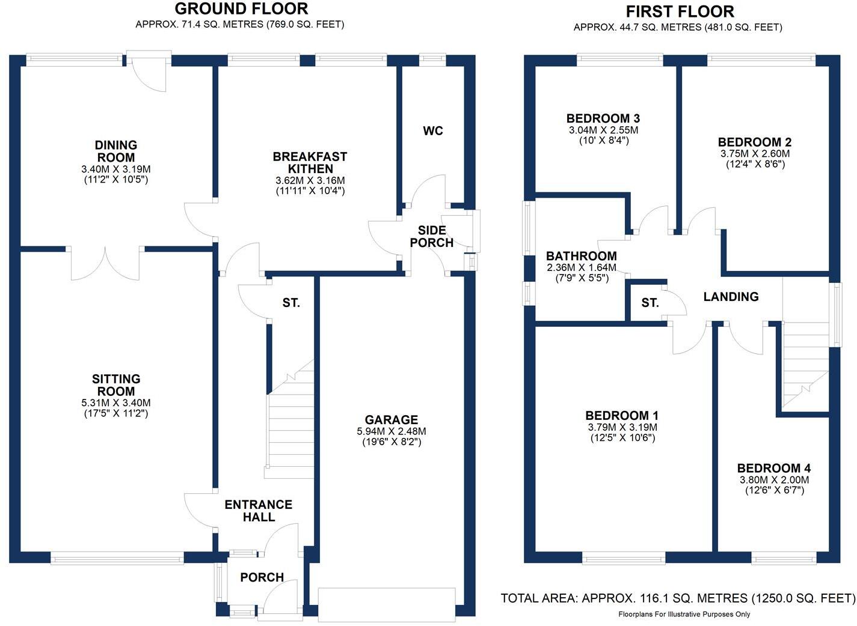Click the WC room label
(x=432, y=131)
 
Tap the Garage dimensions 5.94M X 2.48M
(x=392, y=431)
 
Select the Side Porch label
(x=432, y=236)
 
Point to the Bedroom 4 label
(x=774, y=468)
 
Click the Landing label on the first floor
(x=731, y=297)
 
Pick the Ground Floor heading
(x=241, y=8)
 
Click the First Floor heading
(x=680, y=12)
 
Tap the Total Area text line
(x=678, y=598)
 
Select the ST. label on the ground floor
(x=290, y=303)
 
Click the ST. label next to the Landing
(x=650, y=303)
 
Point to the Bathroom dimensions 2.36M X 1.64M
(x=582, y=267)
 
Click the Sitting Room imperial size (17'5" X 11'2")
(x=116, y=413)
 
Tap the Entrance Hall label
(x=259, y=511)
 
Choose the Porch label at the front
(x=262, y=577)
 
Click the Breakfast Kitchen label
(x=310, y=162)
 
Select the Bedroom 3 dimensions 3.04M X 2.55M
(x=603, y=130)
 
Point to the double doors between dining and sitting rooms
(x=105, y=264)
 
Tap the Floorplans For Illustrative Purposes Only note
(x=684, y=615)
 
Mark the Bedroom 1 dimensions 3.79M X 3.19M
(x=622, y=427)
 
